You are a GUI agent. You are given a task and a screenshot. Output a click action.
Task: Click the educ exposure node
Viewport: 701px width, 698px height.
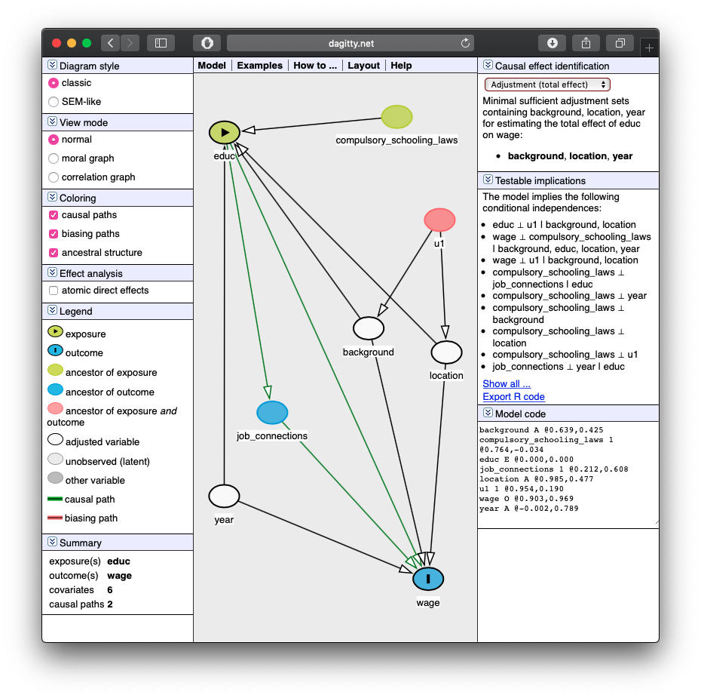pyautogui.click(x=225, y=133)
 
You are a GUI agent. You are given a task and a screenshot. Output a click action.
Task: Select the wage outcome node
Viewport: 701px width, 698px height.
pyautogui.click(x=428, y=579)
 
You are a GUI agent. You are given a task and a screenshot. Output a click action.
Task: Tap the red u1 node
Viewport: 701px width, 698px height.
pyautogui.click(x=440, y=220)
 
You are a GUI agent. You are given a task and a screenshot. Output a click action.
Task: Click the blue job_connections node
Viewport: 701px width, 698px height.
pyautogui.click(x=272, y=413)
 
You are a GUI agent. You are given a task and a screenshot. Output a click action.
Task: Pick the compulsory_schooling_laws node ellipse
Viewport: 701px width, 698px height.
pyautogui.click(x=397, y=117)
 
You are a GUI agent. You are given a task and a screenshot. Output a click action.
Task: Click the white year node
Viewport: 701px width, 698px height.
pyautogui.click(x=224, y=497)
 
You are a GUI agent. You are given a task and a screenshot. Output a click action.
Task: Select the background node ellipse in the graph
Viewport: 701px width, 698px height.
pyautogui.click(x=369, y=328)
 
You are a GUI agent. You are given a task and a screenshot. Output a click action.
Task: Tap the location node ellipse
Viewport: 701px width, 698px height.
pyautogui.click(x=447, y=352)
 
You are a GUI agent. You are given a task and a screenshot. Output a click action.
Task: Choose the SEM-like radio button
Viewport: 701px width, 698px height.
pyautogui.click(x=54, y=102)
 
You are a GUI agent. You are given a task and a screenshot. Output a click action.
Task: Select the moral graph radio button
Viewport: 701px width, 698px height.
pyautogui.click(x=54, y=158)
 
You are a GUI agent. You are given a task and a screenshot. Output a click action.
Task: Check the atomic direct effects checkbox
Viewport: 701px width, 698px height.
pyautogui.click(x=54, y=291)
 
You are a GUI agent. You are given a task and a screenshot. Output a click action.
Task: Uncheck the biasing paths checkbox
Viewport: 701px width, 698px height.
pyautogui.click(x=54, y=234)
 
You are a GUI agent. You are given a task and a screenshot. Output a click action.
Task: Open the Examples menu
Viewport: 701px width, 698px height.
pyautogui.click(x=260, y=66)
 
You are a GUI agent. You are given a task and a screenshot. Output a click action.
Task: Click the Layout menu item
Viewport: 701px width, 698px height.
pyautogui.click(x=363, y=66)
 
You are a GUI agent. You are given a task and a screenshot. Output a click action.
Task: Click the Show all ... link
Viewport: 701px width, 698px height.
pyautogui.click(x=507, y=384)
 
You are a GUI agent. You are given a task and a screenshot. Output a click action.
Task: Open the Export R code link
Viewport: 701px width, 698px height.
pyautogui.click(x=513, y=397)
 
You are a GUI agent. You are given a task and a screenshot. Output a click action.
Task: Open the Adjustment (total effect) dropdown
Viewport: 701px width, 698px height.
pyautogui.click(x=547, y=85)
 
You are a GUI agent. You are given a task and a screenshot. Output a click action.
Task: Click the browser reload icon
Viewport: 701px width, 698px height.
pyautogui.click(x=465, y=43)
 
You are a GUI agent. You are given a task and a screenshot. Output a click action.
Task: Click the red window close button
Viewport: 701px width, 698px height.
pyautogui.click(x=57, y=43)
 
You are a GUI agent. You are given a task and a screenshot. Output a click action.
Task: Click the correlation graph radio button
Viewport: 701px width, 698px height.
pyautogui.click(x=54, y=177)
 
